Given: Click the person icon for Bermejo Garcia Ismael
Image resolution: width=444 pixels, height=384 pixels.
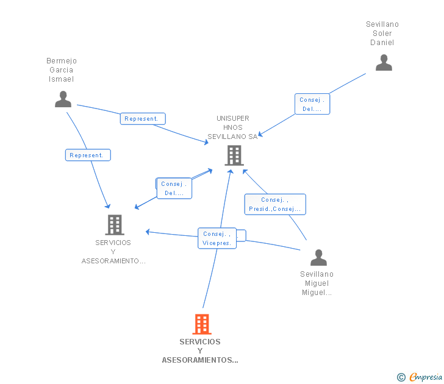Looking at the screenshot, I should [x=63, y=99].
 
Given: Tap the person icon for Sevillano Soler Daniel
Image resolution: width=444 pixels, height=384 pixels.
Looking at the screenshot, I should [x=384, y=63].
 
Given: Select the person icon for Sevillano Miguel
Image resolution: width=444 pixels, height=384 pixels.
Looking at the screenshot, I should [x=318, y=258].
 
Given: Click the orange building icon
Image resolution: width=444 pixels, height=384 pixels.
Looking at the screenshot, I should [x=202, y=324].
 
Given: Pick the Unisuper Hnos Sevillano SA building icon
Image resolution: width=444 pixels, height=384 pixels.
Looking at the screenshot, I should [x=234, y=155].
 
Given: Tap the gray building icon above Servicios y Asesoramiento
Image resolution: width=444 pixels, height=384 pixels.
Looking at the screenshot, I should [x=115, y=225].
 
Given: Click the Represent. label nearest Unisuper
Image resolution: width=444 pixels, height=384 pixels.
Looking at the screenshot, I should [x=143, y=119].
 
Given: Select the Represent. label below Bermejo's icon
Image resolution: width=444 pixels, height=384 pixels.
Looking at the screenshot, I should [x=88, y=155].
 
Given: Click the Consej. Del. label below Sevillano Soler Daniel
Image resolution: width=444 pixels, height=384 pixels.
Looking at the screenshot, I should [x=312, y=104].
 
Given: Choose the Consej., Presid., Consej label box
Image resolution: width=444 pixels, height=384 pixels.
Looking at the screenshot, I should [x=274, y=204].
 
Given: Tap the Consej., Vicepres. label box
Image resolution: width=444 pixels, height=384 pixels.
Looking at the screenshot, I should [x=216, y=238].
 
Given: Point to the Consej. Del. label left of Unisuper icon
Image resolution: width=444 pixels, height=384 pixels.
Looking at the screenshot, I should [x=174, y=188].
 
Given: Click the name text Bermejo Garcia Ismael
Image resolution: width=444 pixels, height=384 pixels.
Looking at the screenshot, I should [x=62, y=69].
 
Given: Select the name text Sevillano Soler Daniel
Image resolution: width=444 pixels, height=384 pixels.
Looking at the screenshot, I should [x=382, y=34].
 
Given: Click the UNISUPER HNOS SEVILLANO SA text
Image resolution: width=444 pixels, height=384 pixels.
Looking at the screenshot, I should [x=232, y=127].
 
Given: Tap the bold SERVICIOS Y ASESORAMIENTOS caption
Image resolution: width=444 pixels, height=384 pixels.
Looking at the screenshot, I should [x=200, y=350].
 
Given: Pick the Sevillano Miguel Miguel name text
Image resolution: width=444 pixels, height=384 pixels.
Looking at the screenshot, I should [x=317, y=283].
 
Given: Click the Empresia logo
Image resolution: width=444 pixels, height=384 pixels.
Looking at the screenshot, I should [x=426, y=377].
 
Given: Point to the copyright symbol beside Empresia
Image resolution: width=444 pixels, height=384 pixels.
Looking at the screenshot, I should [x=401, y=377].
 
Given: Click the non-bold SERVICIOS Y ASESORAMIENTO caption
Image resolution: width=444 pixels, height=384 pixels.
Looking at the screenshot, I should [x=113, y=252].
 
